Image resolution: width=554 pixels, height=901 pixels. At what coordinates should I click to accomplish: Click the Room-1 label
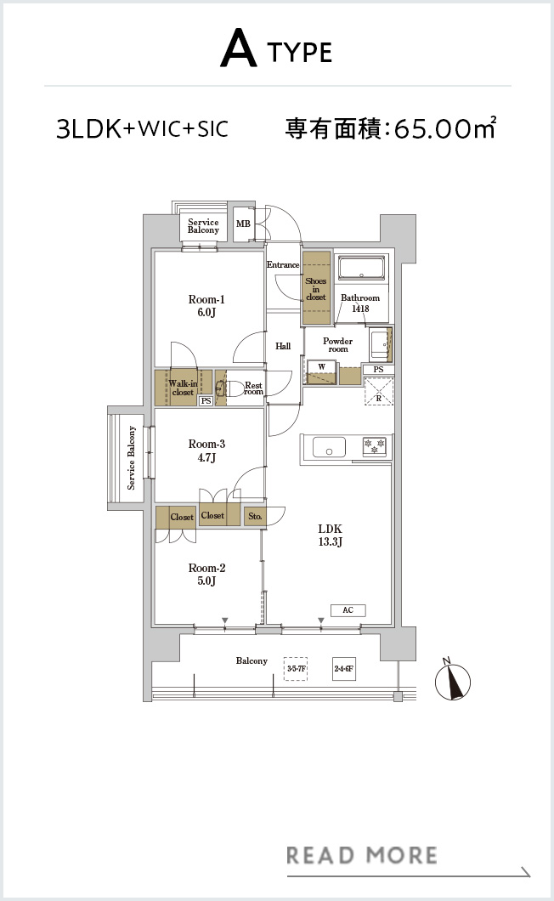pyautogui.click(x=206, y=306)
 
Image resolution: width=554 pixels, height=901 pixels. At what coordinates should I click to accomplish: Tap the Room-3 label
pyautogui.click(x=206, y=450)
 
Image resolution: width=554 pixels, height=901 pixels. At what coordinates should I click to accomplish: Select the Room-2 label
pyautogui.click(x=206, y=574)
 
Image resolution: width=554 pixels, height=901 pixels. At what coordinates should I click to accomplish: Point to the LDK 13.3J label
pyautogui.click(x=330, y=535)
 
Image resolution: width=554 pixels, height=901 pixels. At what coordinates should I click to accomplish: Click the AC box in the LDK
pyautogui.click(x=348, y=610)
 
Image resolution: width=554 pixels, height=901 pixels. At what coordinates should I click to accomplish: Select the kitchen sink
pyautogui.click(x=330, y=447)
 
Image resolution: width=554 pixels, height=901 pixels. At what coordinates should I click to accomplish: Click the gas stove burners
pyautogui.click(x=374, y=446)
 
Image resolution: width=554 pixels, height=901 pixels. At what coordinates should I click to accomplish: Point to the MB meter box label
pyautogui.click(x=243, y=224)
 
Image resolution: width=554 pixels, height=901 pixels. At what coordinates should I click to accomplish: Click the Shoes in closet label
pyautogui.click(x=315, y=289)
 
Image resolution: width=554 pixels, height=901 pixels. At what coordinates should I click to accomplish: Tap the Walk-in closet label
pyautogui.click(x=183, y=388)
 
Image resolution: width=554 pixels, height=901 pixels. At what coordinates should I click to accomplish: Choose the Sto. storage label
pyautogui.click(x=255, y=516)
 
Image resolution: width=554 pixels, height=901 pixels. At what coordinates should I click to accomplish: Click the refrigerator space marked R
pyautogui.click(x=379, y=391)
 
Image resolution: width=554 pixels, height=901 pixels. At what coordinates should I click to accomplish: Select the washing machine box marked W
pyautogui.click(x=322, y=366)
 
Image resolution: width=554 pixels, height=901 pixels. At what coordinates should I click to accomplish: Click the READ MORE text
pyautogui.click(x=361, y=855)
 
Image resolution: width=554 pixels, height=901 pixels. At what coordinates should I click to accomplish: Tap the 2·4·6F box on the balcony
pyautogui.click(x=343, y=669)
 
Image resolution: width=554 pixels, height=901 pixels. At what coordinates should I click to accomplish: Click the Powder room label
pyautogui.click(x=338, y=345)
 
